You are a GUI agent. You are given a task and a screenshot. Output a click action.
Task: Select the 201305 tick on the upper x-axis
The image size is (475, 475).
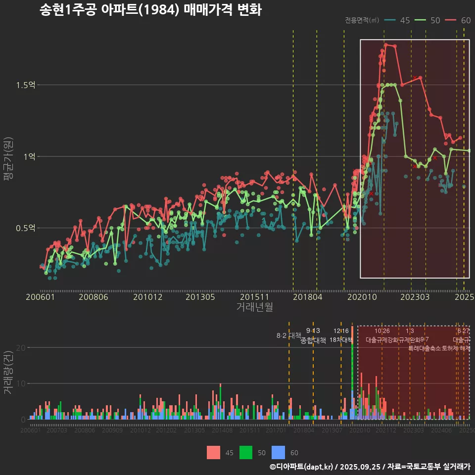tap(199, 297)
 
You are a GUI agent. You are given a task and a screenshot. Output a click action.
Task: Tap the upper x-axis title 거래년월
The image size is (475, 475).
tap(254, 307)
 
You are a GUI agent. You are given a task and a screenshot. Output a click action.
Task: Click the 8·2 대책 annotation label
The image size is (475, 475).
tap(288, 335)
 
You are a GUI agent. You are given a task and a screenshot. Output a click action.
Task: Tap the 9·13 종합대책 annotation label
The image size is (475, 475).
tap(313, 335)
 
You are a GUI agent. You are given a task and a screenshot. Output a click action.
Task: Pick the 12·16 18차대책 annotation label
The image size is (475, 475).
tap(341, 335)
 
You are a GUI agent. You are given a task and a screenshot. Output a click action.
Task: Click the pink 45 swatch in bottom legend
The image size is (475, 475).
tap(213, 452)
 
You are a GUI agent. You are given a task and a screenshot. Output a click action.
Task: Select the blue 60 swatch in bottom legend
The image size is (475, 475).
tap(279, 452)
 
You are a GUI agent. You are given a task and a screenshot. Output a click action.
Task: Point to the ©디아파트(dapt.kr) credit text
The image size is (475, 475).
tap(302, 467)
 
